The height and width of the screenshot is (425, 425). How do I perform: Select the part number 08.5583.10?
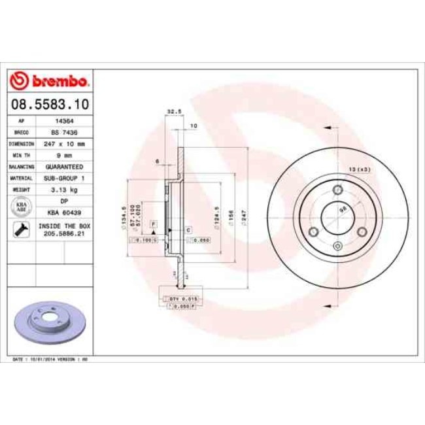pyautogui.click(x=50, y=104)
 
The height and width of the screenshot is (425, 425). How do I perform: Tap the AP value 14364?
pyautogui.click(x=63, y=122)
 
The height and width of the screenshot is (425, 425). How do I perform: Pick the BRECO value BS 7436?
pyautogui.click(x=63, y=132)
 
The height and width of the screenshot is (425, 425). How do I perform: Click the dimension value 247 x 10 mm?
pyautogui.click(x=63, y=143)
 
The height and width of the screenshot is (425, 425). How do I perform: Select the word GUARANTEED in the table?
pyautogui.click(x=63, y=166)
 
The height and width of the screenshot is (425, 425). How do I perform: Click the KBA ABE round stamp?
pyautogui.click(x=21, y=206)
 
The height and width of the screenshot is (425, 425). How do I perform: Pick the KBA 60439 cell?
pyautogui.click(x=63, y=212)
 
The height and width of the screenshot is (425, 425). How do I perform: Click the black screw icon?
pyautogui.click(x=21, y=229)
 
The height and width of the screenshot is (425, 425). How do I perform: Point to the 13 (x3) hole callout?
pyautogui.click(x=360, y=169)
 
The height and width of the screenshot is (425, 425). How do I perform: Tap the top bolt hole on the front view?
pyautogui.click(x=338, y=190)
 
